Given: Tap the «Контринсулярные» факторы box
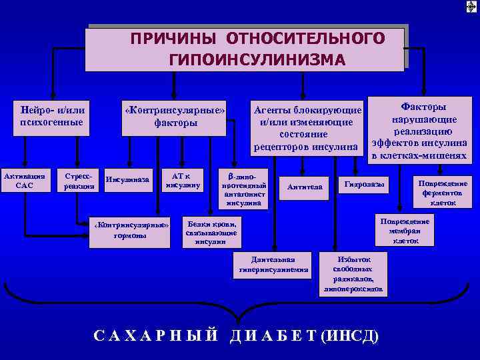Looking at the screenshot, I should pos(175,115).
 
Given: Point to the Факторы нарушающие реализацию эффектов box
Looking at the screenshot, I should pos(420,130).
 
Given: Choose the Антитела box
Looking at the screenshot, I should pos(305,187).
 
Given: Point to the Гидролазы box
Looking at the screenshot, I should pos(363,184).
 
